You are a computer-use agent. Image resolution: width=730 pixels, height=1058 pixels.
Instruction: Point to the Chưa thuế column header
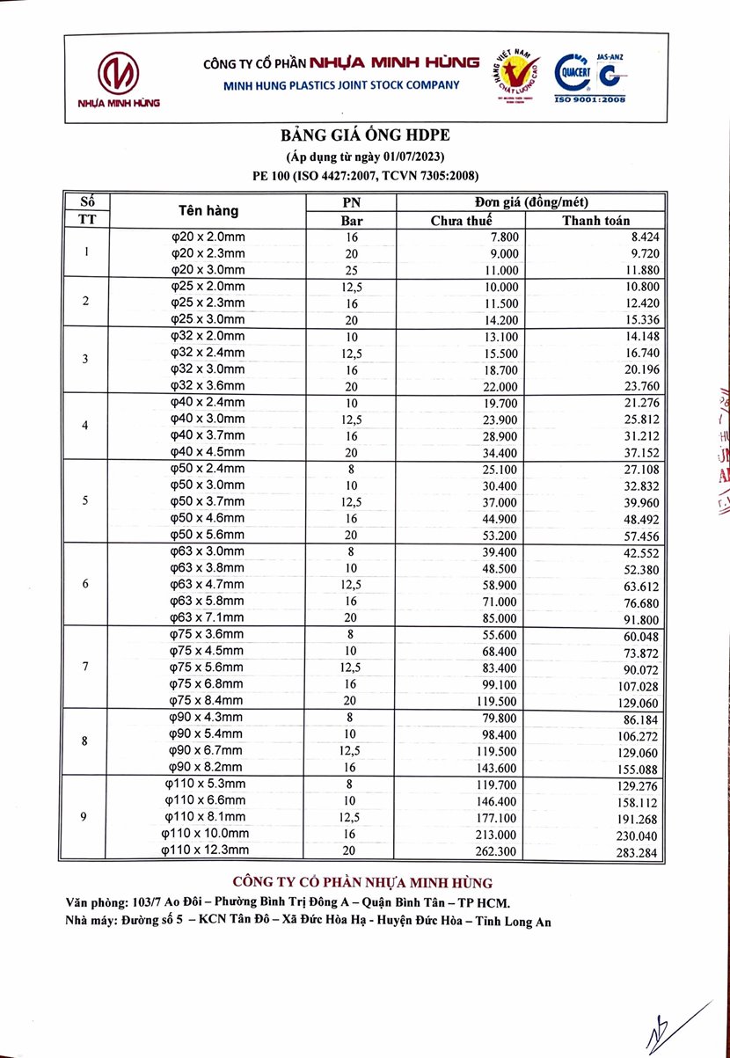[x=461, y=221]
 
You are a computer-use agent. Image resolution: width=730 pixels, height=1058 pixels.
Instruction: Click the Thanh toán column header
[x=596, y=221]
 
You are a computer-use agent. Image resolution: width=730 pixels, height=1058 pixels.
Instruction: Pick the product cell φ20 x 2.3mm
[x=208, y=253]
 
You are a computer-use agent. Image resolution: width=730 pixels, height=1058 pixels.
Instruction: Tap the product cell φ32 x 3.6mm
[x=208, y=385]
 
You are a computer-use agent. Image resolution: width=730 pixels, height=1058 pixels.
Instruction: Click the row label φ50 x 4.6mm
[x=208, y=517]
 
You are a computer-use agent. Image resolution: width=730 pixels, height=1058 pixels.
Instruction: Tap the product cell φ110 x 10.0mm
[x=206, y=833]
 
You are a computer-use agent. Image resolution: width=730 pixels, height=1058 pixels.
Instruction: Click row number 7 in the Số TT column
[x=85, y=666]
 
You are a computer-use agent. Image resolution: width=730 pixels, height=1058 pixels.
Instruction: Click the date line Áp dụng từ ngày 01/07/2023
[x=365, y=157]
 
